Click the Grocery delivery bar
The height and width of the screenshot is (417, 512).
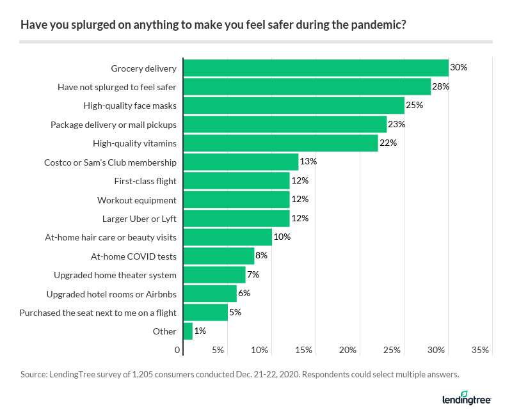(x=316, y=68)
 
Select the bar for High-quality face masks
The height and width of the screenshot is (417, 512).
(x=294, y=106)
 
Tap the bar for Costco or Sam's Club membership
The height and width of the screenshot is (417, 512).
(x=241, y=162)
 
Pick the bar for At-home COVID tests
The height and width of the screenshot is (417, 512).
(x=219, y=256)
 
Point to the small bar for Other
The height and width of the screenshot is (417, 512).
(x=188, y=331)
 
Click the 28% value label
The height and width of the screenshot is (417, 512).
(x=440, y=86)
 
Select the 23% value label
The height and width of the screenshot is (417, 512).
(x=396, y=124)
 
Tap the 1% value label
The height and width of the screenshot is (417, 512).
(x=200, y=331)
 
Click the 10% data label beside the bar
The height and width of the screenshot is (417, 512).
(x=282, y=237)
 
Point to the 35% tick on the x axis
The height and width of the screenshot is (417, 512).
(x=480, y=350)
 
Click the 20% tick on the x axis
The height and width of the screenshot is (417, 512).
(x=348, y=350)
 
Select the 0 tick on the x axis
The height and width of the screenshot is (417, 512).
(x=178, y=350)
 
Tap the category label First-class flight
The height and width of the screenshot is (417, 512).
(x=145, y=181)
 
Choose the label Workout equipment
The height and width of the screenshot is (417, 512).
(x=136, y=200)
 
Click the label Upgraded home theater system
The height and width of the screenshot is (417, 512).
(x=115, y=275)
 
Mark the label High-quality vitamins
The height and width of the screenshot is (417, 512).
(x=134, y=143)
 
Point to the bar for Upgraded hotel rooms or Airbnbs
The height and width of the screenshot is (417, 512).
(x=210, y=294)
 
